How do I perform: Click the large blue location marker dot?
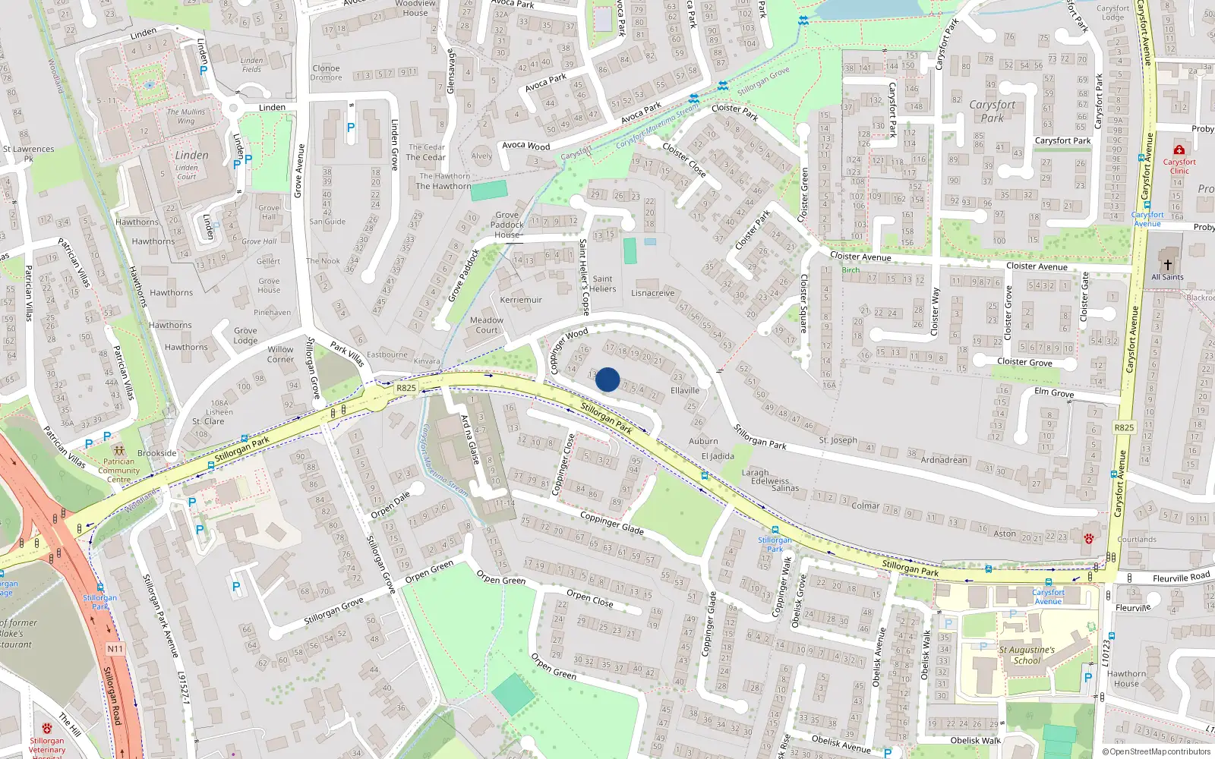(x=607, y=379)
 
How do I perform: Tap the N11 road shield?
(x=115, y=648)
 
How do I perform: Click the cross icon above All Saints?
(x=1168, y=265)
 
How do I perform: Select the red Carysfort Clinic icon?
(x=1179, y=150)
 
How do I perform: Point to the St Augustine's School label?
(x=1027, y=655)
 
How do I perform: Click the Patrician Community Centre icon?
(x=118, y=451)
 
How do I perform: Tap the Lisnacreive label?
(x=653, y=293)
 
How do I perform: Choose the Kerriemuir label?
(x=521, y=300)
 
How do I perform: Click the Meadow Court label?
(x=487, y=325)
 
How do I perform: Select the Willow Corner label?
(x=280, y=354)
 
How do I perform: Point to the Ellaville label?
(x=685, y=390)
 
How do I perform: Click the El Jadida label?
(x=718, y=456)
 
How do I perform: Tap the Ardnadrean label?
(x=944, y=460)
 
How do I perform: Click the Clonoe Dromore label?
(x=326, y=73)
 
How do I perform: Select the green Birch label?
(x=850, y=270)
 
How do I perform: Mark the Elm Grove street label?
(x=1054, y=392)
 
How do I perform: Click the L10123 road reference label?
(x=1106, y=653)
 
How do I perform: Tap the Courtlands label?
(x=1137, y=540)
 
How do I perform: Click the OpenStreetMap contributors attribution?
(x=1160, y=751)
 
